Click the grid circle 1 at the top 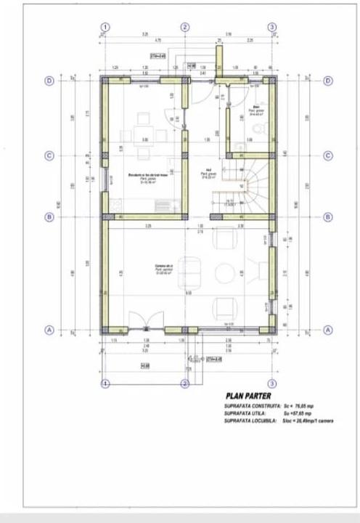105,27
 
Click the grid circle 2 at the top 185,27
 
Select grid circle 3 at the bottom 271,383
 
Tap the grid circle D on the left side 49,81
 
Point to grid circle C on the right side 327,155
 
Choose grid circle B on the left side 49,216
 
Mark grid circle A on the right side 327,329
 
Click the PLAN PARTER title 247,397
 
